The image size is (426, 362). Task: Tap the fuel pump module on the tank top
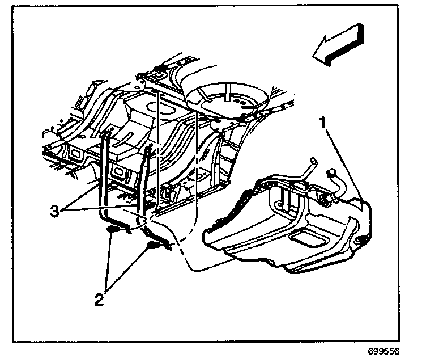[x=325, y=199]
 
